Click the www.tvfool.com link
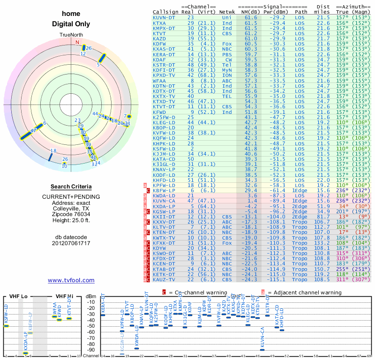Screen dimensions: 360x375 [71, 280]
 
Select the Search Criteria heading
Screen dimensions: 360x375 [71, 187]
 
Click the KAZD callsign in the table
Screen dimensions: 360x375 [160, 38]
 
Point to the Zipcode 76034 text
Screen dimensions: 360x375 [71, 214]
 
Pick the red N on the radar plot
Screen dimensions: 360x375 [78, 42]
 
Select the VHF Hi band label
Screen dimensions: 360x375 [64, 296]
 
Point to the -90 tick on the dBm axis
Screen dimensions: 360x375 [91, 350]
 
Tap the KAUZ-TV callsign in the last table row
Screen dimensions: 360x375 [164, 279]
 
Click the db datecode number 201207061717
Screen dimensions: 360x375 [71, 243]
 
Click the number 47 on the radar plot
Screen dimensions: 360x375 [33, 131]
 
